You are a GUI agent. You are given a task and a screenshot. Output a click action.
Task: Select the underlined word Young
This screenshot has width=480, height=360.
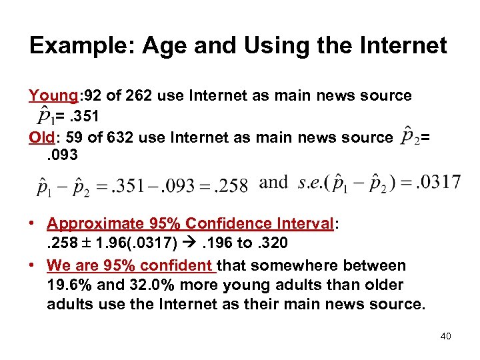coord(51,95)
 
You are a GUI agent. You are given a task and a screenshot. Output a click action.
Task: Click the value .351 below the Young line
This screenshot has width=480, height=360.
coord(87,117)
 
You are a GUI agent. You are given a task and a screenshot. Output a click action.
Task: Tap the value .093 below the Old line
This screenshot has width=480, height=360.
coord(63,156)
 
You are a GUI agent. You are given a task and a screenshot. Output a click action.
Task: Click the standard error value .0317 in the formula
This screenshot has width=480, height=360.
coord(437,182)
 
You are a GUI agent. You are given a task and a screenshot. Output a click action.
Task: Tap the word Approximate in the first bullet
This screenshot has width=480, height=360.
coord(93,223)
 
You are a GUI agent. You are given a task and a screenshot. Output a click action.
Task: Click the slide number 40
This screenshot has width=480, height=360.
coord(445,336)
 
